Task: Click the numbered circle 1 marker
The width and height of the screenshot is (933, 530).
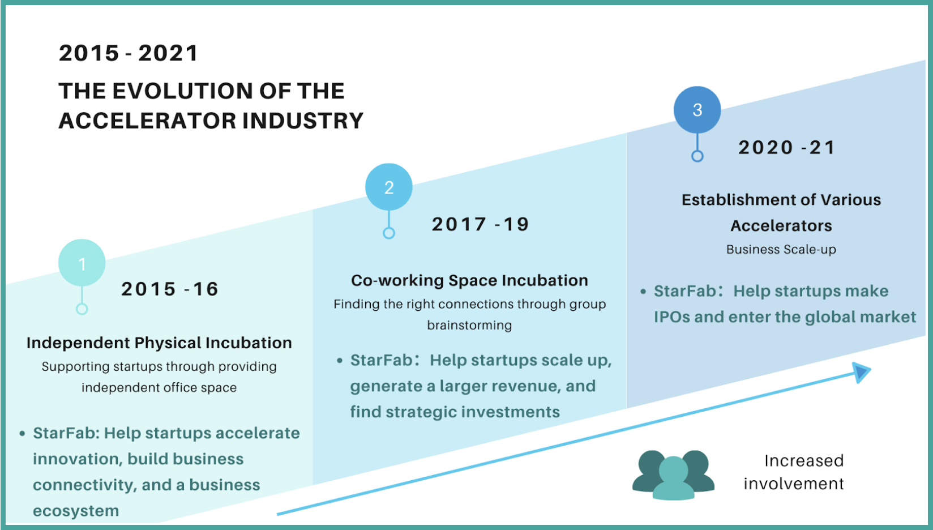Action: [82, 263]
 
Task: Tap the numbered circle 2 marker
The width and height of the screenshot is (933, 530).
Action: [388, 187]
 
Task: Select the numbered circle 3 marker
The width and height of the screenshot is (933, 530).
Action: [697, 110]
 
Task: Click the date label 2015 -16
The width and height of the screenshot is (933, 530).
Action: [169, 289]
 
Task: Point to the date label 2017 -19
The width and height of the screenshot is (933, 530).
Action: [480, 224]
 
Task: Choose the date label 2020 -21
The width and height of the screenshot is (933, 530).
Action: [786, 147]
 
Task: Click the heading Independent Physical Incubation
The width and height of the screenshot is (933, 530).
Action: [159, 343]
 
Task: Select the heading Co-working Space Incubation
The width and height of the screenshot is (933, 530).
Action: [469, 280]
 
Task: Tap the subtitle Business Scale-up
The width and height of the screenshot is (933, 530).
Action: [781, 249]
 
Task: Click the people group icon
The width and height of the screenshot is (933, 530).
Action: [673, 475]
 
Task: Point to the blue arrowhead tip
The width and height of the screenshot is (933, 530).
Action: [871, 369]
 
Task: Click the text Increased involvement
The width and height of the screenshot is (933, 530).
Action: [794, 472]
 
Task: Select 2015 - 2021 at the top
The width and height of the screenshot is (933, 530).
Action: [129, 53]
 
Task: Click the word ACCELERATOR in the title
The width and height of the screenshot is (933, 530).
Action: [147, 121]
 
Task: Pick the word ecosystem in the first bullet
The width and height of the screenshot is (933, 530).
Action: [76, 511]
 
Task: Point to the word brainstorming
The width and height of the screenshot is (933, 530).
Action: [469, 326]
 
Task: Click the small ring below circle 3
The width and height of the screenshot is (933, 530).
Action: [697, 156]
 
